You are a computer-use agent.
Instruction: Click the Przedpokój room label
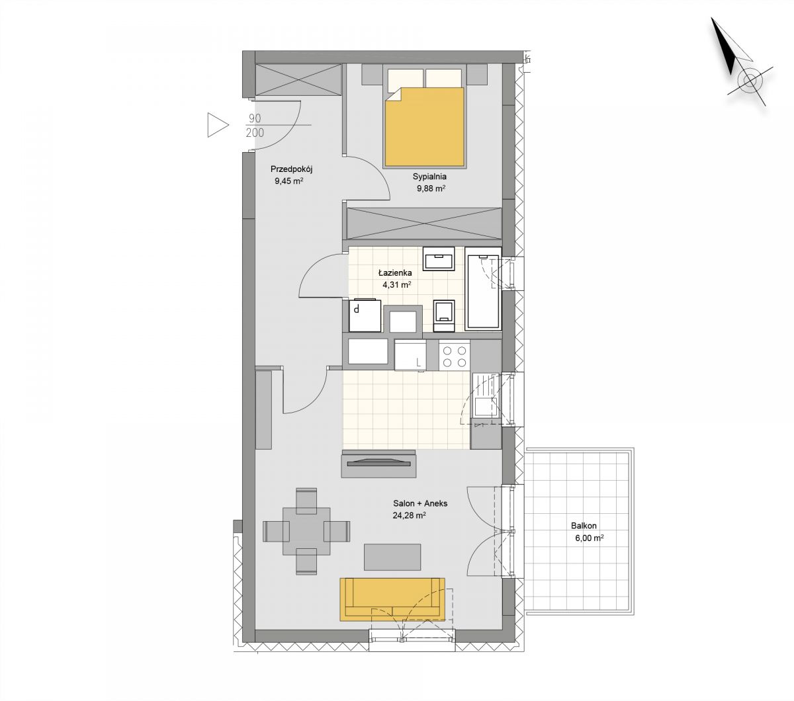click(291, 170)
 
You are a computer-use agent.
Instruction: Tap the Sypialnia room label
click(429, 177)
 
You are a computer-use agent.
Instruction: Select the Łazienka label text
click(395, 272)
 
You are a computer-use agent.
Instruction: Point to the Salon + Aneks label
click(420, 503)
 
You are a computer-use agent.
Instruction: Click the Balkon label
click(584, 526)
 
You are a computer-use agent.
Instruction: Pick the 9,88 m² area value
click(431, 188)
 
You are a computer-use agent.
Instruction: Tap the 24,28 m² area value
click(409, 516)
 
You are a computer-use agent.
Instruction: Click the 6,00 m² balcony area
click(589, 538)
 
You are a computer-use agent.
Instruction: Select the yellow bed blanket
click(424, 127)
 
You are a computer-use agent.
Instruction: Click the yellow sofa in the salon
click(392, 599)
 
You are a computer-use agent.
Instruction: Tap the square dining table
click(306, 531)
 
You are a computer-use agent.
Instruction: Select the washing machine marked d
click(365, 315)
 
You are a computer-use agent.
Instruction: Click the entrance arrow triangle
click(218, 126)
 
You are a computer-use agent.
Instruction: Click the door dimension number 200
click(255, 133)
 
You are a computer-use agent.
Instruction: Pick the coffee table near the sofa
click(392, 557)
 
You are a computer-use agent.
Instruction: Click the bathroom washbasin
click(439, 259)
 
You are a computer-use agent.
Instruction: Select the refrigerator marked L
click(410, 355)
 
